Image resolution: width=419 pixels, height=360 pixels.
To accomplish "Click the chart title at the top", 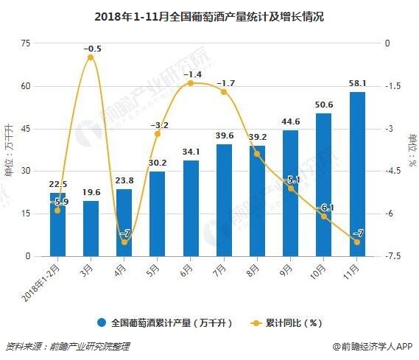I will click(x=209, y=14).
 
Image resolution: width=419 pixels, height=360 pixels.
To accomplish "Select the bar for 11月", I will click(x=356, y=174).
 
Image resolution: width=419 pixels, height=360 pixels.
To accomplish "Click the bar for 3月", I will click(x=91, y=228).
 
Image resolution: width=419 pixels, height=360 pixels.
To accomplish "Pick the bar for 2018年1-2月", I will click(x=57, y=225).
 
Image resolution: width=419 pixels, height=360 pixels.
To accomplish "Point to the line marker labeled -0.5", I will click(x=91, y=57).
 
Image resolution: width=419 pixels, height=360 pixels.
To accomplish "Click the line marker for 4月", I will click(x=124, y=242).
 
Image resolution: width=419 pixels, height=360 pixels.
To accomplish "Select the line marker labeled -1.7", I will click(x=224, y=92).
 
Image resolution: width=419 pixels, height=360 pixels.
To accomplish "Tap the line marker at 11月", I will click(x=356, y=242).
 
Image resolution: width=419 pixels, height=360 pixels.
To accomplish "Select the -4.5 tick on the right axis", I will click(x=393, y=172).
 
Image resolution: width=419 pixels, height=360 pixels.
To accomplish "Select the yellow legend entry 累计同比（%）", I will click(x=286, y=322).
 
